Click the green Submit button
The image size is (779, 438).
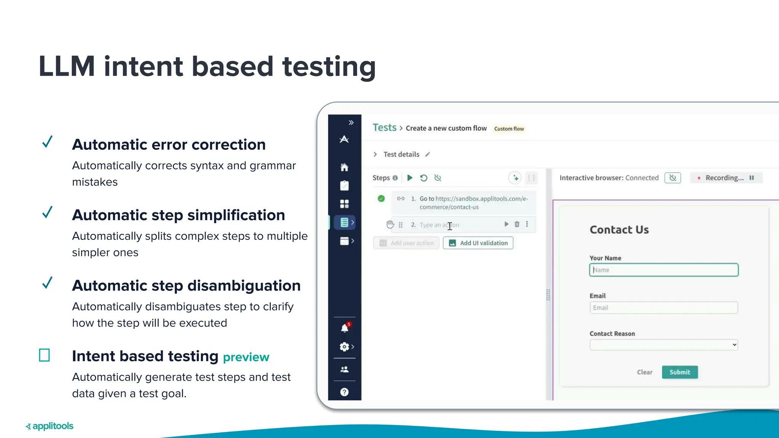pyautogui.click(x=680, y=372)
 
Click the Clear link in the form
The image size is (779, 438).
pyautogui.click(x=644, y=372)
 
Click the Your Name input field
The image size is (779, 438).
pyautogui.click(x=664, y=270)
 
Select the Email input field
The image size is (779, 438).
pyautogui.click(x=664, y=308)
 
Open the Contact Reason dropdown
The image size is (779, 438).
pyautogui.click(x=664, y=345)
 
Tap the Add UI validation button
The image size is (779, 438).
pyautogui.click(x=478, y=243)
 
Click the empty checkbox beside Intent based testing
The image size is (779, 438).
pyautogui.click(x=45, y=355)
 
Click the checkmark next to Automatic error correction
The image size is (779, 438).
pyautogui.click(x=47, y=142)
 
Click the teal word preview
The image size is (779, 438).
pyautogui.click(x=246, y=357)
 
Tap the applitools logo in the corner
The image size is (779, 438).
pyautogui.click(x=49, y=426)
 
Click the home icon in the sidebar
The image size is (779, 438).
pyautogui.click(x=344, y=167)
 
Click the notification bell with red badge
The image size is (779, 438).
pyautogui.click(x=345, y=328)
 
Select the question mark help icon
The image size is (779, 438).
pyautogui.click(x=344, y=392)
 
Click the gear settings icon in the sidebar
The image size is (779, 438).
pyautogui.click(x=344, y=347)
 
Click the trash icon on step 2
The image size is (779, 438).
pyautogui.click(x=517, y=224)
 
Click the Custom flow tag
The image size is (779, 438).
pyautogui.click(x=509, y=129)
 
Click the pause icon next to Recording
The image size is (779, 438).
pyautogui.click(x=752, y=178)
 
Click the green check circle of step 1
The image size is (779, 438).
pyautogui.click(x=381, y=198)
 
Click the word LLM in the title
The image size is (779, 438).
pyautogui.click(x=67, y=67)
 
